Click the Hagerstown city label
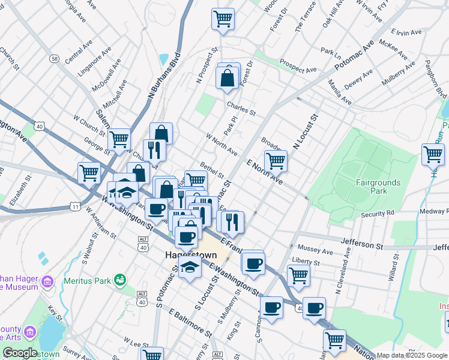point(190,254)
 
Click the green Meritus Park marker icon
point(120,280)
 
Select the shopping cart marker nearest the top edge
point(223,19)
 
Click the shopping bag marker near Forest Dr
point(228,78)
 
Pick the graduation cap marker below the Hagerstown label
point(190,267)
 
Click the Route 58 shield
point(55,59)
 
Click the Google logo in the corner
point(19,353)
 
